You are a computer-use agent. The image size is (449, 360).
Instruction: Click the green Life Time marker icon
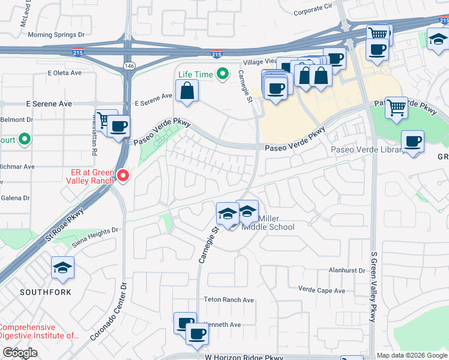click(223, 74)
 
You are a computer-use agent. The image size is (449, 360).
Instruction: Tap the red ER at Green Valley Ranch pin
click(123, 176)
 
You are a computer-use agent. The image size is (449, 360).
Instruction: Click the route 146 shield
click(128, 64)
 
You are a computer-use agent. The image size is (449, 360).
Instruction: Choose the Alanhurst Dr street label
click(347, 271)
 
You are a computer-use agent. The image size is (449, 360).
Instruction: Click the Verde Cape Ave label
click(322, 290)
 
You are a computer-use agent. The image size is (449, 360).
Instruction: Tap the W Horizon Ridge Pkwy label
click(244, 356)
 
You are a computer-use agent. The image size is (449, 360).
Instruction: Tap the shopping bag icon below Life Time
click(187, 92)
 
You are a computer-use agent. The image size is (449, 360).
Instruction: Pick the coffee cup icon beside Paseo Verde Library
click(412, 142)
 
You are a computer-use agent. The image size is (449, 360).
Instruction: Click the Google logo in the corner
click(20, 353)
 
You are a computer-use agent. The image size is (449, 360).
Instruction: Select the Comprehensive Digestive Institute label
click(39, 332)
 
